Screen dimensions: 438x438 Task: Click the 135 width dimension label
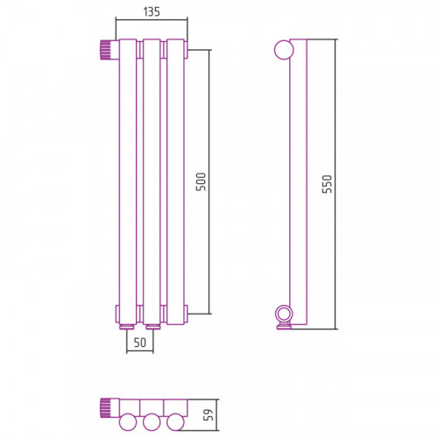(152, 11)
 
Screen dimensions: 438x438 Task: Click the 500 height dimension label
(201, 181)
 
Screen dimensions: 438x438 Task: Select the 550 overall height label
(327, 184)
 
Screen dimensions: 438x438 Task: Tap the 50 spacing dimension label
(140, 343)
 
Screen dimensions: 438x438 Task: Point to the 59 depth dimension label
(208, 414)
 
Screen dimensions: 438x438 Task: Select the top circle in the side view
(284, 50)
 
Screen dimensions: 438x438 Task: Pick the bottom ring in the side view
(283, 314)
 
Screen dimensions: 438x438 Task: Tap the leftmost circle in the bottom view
(128, 422)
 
